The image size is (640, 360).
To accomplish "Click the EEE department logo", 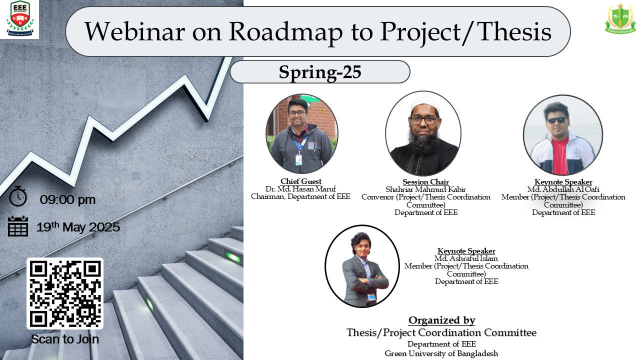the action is pyautogui.click(x=20, y=19).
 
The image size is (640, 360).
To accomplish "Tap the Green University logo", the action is pyautogui.click(x=620, y=19).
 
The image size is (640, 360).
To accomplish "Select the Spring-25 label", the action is pyautogui.click(x=320, y=71).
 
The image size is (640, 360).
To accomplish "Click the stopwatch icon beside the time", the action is pyautogui.click(x=18, y=196).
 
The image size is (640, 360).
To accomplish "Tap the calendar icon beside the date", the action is pyautogui.click(x=18, y=226).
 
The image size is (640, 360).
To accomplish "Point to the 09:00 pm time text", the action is pyautogui.click(x=67, y=199).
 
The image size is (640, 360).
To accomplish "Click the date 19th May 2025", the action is pyautogui.click(x=78, y=227).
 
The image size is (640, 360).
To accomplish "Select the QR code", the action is pyautogui.click(x=65, y=293).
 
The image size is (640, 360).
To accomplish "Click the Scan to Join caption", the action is pyautogui.click(x=65, y=339).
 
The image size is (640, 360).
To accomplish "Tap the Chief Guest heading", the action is pyautogui.click(x=301, y=181).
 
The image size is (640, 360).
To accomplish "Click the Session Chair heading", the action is pyautogui.click(x=425, y=181).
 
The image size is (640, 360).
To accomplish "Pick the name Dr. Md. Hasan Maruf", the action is pyautogui.click(x=301, y=189).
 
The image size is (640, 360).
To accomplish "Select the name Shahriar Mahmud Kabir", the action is pyautogui.click(x=425, y=189).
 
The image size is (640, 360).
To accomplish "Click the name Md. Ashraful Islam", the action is pyautogui.click(x=466, y=258).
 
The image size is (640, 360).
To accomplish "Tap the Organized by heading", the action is pyautogui.click(x=441, y=320).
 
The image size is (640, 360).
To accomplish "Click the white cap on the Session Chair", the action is pyautogui.click(x=424, y=104).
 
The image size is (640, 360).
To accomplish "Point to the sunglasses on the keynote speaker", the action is pyautogui.click(x=557, y=120).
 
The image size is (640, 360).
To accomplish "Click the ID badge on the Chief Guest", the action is pyautogui.click(x=298, y=159).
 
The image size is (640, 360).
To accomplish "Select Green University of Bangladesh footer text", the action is pyautogui.click(x=441, y=353).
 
